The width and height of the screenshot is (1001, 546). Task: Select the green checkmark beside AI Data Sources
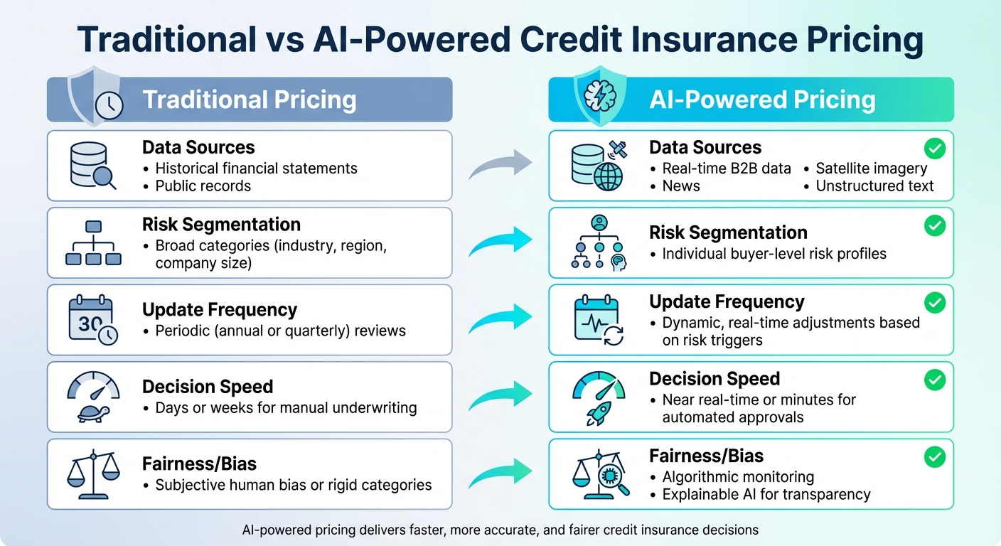point(934,149)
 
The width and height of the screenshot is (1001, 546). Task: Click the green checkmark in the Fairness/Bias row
point(934,457)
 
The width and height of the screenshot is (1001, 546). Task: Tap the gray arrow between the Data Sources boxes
point(500,166)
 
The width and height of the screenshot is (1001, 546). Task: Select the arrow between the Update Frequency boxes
point(500,319)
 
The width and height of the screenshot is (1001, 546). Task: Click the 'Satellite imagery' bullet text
point(871,168)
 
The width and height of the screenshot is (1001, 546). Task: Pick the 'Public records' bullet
point(203,186)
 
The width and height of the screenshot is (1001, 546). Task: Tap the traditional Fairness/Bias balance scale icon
point(92,473)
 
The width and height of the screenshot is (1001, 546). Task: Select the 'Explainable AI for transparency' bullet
point(766,494)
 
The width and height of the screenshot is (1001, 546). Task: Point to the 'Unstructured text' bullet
point(874,186)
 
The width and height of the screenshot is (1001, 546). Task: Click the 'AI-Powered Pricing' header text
point(762,100)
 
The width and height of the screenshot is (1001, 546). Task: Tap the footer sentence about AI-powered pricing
point(500,530)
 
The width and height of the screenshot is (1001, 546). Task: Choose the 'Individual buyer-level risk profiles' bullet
point(774,254)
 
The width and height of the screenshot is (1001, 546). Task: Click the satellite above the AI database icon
point(616,150)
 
